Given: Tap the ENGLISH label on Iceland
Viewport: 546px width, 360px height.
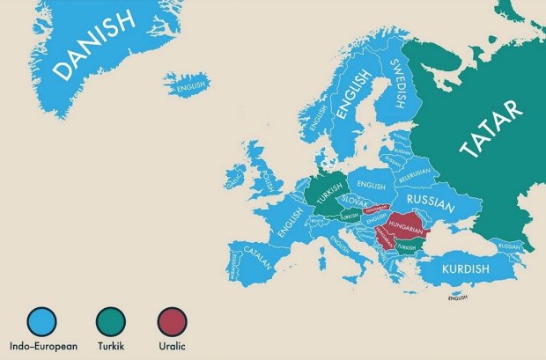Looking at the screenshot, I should (191, 87).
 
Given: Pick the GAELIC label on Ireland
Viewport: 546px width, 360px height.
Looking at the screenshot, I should (234, 182).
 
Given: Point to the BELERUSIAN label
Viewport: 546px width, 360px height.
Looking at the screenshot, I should (414, 177).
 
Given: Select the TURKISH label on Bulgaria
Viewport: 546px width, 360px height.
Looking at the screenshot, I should (406, 248).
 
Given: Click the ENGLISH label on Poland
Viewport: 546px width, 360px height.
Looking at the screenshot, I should (371, 186).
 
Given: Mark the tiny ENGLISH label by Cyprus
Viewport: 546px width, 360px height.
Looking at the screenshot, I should (457, 298).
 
